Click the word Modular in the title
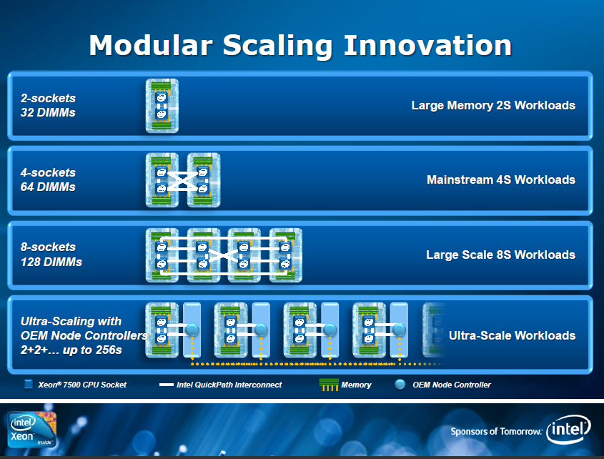(x=151, y=45)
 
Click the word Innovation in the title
(x=427, y=45)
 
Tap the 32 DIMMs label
(x=48, y=112)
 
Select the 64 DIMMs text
(x=48, y=187)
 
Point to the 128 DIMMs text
(x=51, y=262)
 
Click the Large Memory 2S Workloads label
(x=493, y=105)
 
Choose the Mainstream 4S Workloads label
(x=501, y=179)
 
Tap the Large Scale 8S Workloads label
(x=501, y=255)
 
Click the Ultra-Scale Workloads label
(x=513, y=336)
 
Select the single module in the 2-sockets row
(x=162, y=106)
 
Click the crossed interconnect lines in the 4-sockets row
(x=182, y=181)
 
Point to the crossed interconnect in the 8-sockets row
(x=223, y=255)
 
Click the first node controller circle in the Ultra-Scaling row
(x=192, y=330)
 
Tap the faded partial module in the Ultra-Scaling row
(x=434, y=330)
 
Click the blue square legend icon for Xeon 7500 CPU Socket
(x=28, y=384)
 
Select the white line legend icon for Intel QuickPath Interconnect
(x=166, y=385)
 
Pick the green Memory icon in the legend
(x=329, y=385)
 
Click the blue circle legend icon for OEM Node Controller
(x=400, y=384)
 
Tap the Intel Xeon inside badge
(x=31, y=429)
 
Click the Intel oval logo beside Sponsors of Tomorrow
(x=568, y=429)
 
